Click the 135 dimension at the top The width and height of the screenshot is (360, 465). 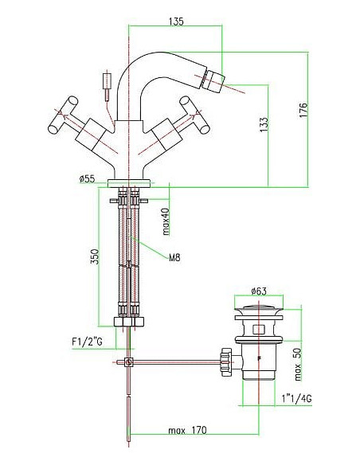pos(177,22)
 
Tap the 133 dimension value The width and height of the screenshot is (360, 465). pos(263,124)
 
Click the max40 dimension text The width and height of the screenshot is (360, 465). pos(166,221)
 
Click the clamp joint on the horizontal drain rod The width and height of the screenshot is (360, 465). pos(127,363)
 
